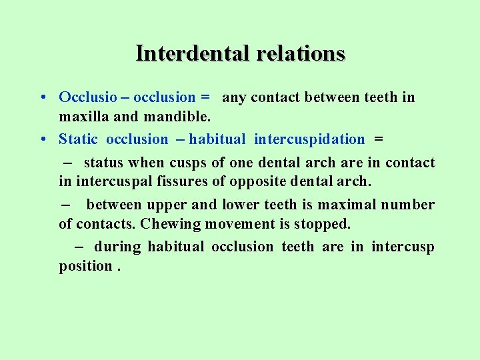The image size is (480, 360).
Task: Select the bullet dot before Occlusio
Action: coord(42,97)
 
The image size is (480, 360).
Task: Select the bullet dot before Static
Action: coord(42,139)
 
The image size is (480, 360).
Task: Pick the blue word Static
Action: coord(78,139)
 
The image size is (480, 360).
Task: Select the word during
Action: coord(117,247)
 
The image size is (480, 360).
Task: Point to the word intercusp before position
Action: coord(403,247)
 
